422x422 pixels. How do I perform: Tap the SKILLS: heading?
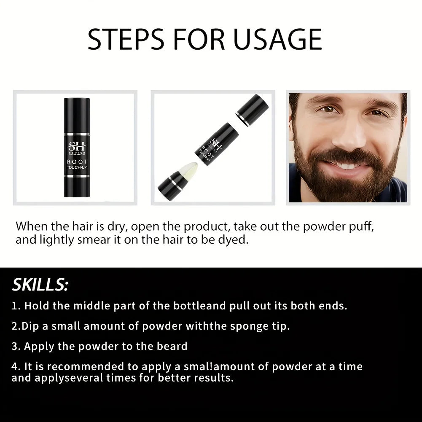[x=40, y=285]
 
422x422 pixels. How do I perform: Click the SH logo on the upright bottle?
[x=77, y=147]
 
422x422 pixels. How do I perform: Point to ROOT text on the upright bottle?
[x=77, y=162]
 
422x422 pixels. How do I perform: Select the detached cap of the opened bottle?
[x=253, y=110]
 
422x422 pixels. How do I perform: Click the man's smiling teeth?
[x=347, y=165]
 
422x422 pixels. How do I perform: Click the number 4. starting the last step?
[x=16, y=366]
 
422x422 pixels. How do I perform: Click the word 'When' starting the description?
[x=32, y=226]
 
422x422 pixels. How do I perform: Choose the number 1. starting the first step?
[x=16, y=306]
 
